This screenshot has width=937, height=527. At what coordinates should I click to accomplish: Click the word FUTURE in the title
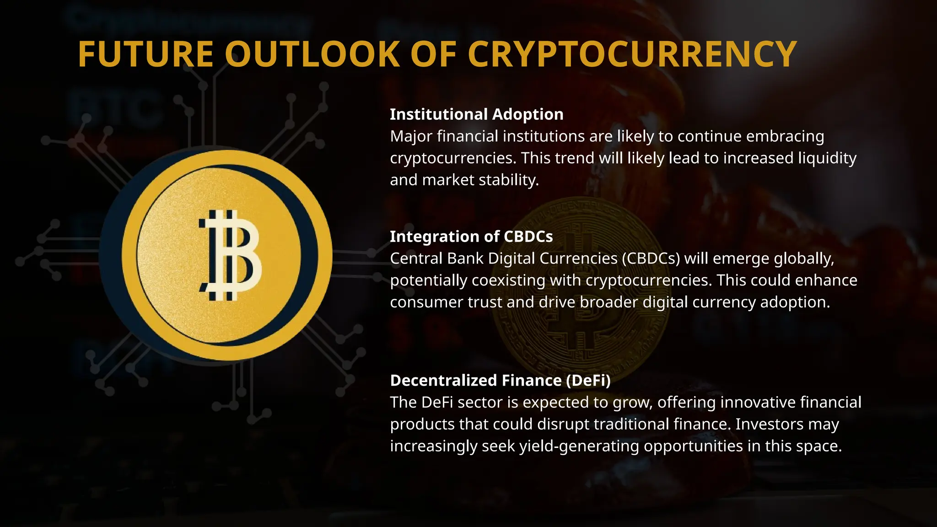coord(145,54)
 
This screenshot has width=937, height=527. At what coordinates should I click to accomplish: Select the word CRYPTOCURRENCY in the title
coord(632,54)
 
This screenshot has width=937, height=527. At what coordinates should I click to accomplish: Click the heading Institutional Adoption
coord(476,114)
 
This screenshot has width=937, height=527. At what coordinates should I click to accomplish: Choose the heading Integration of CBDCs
coord(471,237)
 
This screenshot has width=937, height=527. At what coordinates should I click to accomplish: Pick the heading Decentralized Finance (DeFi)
coord(500,381)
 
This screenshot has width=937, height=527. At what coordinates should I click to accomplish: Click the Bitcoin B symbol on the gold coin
coord(230,255)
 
